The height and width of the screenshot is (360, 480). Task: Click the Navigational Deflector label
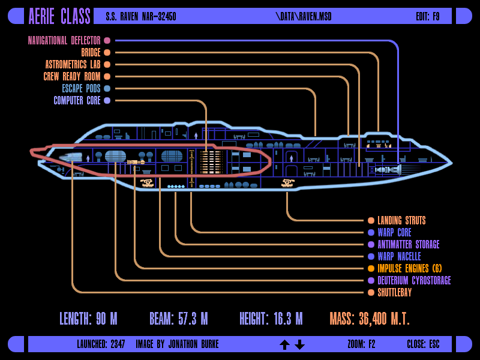(x=64, y=40)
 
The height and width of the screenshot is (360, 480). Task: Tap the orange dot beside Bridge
(x=107, y=53)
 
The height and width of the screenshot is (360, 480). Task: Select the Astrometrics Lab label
(x=73, y=65)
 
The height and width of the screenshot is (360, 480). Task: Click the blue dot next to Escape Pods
(x=107, y=88)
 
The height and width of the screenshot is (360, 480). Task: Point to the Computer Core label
(x=77, y=100)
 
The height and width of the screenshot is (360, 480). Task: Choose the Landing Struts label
(x=401, y=220)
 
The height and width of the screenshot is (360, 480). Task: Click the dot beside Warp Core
(x=371, y=233)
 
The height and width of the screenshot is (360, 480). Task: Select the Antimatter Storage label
(x=409, y=245)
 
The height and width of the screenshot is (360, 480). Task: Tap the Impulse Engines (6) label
(x=410, y=268)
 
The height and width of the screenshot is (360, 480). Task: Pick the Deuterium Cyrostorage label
(x=414, y=280)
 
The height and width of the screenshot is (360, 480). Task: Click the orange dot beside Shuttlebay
(x=371, y=293)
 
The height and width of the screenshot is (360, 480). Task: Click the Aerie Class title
(x=59, y=16)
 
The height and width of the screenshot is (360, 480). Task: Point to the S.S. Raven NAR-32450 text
(x=141, y=17)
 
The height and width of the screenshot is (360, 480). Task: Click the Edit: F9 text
(x=428, y=17)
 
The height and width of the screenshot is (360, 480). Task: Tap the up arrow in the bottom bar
(x=284, y=344)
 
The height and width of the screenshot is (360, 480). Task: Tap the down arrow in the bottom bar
(x=299, y=344)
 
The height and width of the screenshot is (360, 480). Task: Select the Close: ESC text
(x=423, y=344)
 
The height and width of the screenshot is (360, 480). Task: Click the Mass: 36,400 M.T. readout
(x=370, y=319)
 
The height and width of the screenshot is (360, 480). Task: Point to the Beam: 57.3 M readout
(x=179, y=319)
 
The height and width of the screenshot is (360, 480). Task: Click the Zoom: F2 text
(x=361, y=344)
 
